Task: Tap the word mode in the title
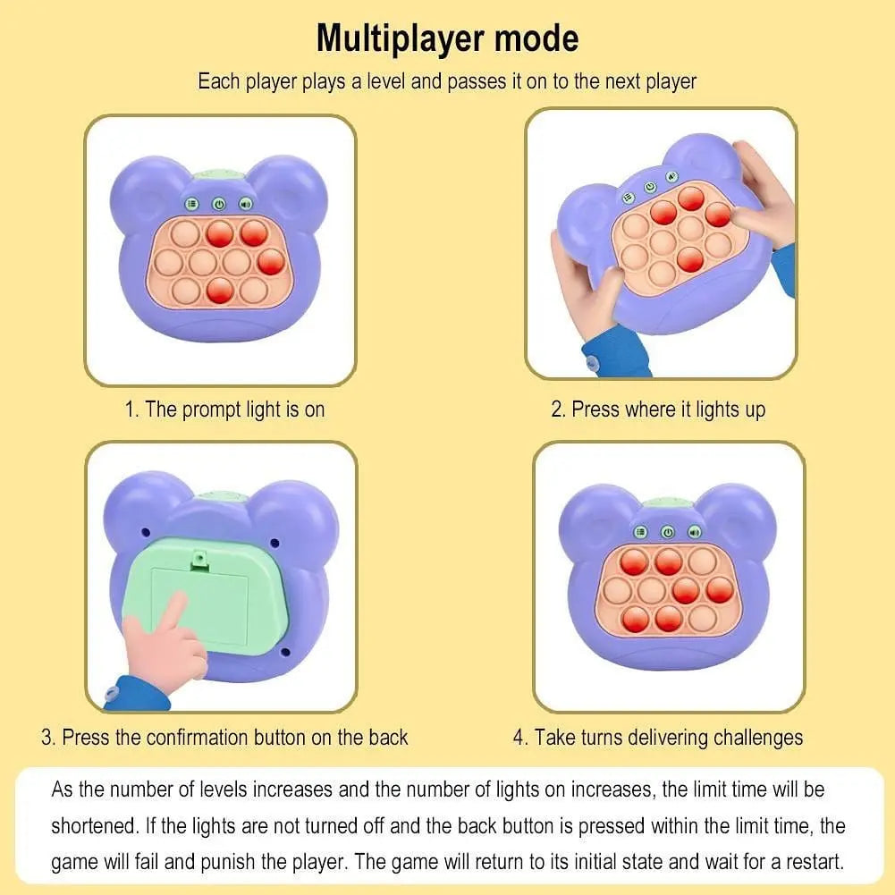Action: coord(536,38)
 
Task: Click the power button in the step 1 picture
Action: coord(219,204)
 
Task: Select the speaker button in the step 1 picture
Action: coord(246,204)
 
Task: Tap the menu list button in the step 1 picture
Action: coord(191,204)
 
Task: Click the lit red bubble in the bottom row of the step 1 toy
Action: coord(220,290)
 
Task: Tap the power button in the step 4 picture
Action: coord(667,533)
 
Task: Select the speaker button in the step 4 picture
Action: coord(694,533)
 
